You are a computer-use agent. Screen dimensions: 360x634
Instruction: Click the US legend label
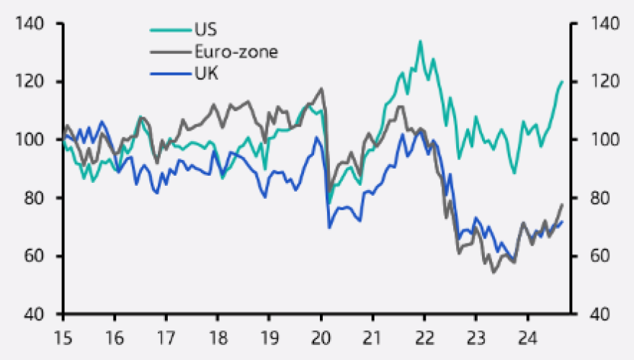(205, 30)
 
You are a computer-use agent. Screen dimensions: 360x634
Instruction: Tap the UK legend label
(205, 73)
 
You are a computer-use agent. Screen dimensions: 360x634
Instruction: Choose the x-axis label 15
(63, 336)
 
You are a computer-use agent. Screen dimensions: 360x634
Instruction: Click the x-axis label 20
(321, 336)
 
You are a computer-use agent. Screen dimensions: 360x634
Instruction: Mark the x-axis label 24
(527, 336)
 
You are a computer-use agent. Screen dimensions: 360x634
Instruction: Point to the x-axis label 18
(218, 336)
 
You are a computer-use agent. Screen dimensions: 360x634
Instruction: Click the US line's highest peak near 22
(420, 41)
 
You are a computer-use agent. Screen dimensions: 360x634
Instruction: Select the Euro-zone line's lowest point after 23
(494, 272)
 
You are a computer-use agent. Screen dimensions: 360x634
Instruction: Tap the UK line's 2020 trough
(329, 228)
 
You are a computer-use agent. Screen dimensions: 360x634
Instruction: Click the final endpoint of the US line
(562, 81)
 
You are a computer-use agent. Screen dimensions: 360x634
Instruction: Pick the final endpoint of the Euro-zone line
(562, 204)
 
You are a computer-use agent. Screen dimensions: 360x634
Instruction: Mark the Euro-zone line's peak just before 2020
(321, 89)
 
